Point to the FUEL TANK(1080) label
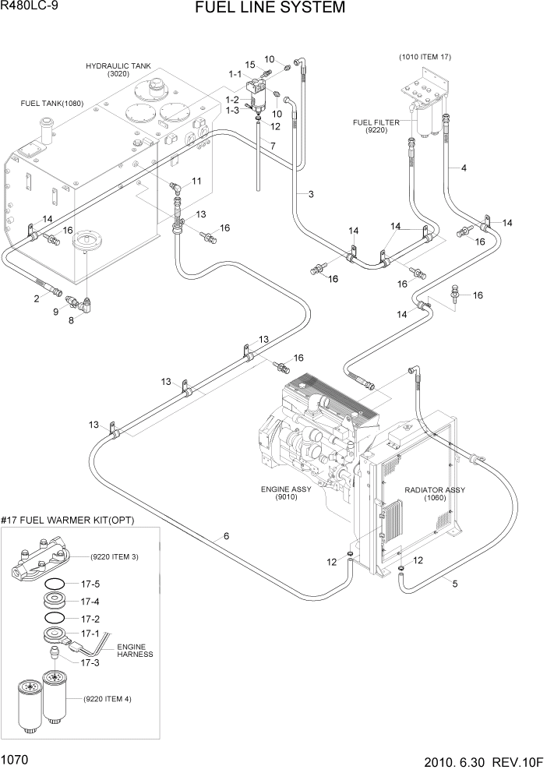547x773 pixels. (52, 103)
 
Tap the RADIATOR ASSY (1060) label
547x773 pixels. (435, 493)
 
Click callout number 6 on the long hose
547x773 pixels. (226, 535)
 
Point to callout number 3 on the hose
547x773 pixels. (310, 194)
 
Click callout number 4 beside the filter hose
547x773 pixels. (464, 168)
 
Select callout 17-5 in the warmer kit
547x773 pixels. (91, 584)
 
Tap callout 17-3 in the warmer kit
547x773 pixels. (91, 662)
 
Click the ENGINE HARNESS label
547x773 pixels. (135, 651)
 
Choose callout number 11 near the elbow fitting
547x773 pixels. (196, 181)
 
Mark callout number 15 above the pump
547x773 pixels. (250, 64)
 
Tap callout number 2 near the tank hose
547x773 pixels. (37, 298)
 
